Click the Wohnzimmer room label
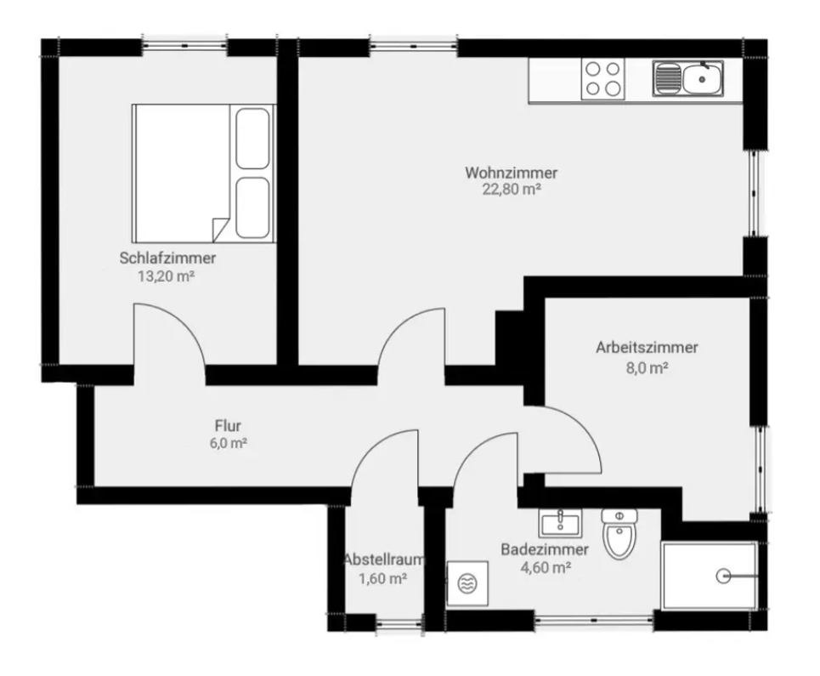coord(511,173)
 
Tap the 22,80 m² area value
coord(511,190)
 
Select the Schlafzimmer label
coord(167,258)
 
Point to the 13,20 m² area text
coord(166,276)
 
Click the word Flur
coord(228,425)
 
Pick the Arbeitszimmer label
coord(647,348)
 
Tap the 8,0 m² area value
coord(647,368)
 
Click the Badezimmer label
coord(545,549)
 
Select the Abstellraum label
coord(384,560)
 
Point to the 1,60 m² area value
coord(382,579)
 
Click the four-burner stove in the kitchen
coord(602,78)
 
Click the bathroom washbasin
coord(560,523)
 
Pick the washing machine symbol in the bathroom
coord(467,584)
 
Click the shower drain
coord(723,577)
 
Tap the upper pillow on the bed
coord(252,138)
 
